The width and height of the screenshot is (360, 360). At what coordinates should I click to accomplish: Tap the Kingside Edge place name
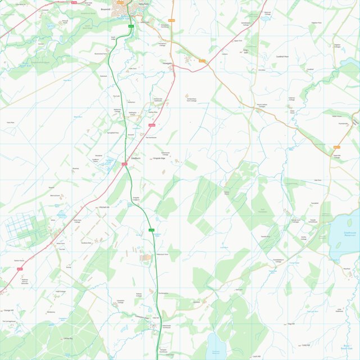pyautogui.click(x=159, y=158)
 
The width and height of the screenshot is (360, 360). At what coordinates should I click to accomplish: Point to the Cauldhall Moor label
pyautogui.click(x=281, y=57)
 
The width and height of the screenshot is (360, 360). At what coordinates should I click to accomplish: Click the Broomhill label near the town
pyautogui.click(x=105, y=10)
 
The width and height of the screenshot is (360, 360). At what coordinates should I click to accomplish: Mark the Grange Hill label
pyautogui.click(x=8, y=310)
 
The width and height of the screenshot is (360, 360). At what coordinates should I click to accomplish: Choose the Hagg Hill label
pyautogui.click(x=290, y=323)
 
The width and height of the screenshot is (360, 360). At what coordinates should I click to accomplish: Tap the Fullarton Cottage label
pyautogui.click(x=307, y=99)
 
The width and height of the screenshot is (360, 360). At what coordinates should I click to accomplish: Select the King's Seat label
pyautogui.click(x=245, y=51)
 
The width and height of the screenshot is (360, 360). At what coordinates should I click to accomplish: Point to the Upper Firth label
pyautogui.click(x=238, y=40)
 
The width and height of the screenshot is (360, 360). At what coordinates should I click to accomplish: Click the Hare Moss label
pyautogui.click(x=10, y=122)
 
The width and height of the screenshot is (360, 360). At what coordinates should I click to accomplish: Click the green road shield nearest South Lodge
pyautogui.click(x=131, y=26)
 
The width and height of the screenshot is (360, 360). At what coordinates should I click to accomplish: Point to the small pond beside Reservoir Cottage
pyautogui.click(x=265, y=17)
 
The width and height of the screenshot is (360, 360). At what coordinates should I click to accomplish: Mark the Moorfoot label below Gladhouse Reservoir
pyautogui.click(x=347, y=268)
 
